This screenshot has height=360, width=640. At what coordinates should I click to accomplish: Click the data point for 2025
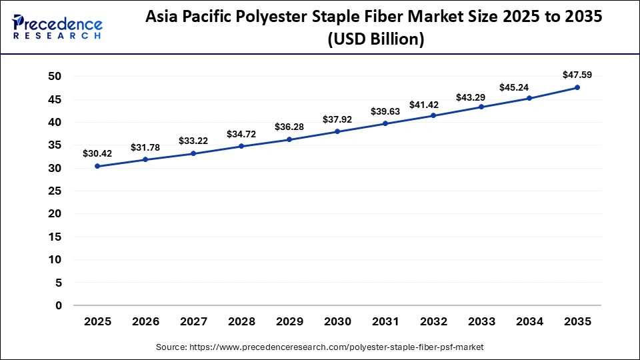(x=97, y=166)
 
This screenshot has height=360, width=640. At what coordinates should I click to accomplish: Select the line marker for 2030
(x=337, y=131)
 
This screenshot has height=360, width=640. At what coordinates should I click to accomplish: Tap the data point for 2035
(x=577, y=87)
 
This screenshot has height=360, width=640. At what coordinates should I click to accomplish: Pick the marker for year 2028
(x=241, y=146)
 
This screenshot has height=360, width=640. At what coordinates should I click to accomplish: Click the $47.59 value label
(x=577, y=74)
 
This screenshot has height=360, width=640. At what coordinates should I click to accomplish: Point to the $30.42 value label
(x=97, y=153)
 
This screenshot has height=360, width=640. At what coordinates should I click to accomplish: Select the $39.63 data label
(x=385, y=111)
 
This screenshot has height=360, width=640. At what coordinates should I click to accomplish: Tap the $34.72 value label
(x=241, y=134)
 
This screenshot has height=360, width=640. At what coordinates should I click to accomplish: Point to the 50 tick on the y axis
(x=55, y=77)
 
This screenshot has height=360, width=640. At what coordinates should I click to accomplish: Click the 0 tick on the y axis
(x=59, y=306)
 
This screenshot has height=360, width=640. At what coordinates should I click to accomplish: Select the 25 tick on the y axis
(x=55, y=191)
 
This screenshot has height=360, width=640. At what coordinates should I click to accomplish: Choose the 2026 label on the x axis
(x=145, y=322)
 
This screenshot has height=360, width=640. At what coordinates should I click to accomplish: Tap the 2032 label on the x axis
(x=433, y=322)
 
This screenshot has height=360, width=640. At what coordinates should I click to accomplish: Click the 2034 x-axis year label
(x=529, y=322)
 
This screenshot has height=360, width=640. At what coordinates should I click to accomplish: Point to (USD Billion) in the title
(x=375, y=40)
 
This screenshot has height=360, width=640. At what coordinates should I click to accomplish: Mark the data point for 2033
(x=481, y=107)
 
